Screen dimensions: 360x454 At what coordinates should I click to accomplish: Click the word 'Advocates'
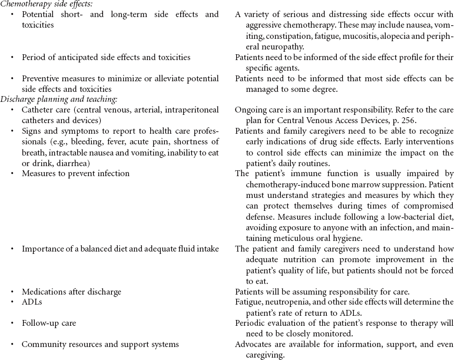click(254, 344)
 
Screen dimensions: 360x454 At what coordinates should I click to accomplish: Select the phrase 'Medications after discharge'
click(72, 291)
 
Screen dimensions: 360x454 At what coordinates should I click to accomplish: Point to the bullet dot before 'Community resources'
click(12, 344)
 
